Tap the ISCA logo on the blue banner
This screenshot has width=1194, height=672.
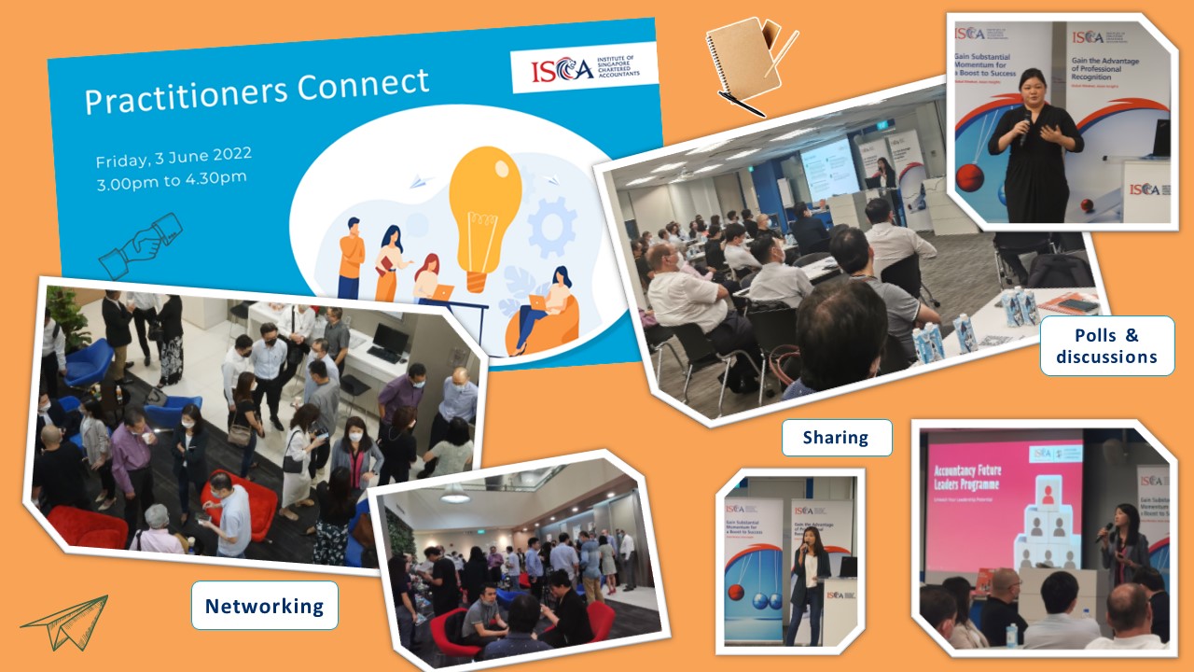click(x=584, y=67)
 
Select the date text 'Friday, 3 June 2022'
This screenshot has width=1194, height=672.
click(x=174, y=157)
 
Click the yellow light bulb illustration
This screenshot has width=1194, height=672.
click(x=484, y=211)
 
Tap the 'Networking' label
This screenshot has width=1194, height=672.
click(x=265, y=606)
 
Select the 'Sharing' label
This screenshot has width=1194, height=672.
click(x=835, y=437)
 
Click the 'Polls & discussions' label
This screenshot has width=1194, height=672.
click(x=1106, y=345)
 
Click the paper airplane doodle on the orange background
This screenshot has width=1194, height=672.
click(x=65, y=623)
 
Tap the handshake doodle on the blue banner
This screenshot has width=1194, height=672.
click(x=140, y=244)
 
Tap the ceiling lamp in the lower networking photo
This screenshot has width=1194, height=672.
click(x=455, y=495)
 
